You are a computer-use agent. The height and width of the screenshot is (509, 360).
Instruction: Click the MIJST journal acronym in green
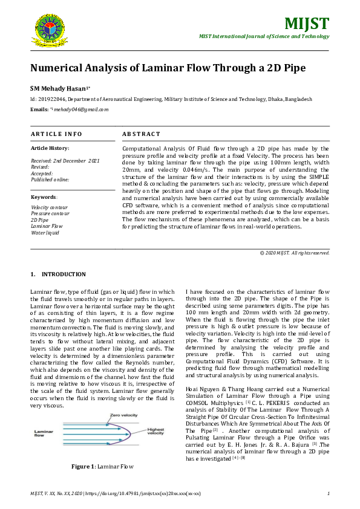pyautogui.click(x=307, y=24)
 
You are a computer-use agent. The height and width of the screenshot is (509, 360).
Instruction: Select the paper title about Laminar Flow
pyautogui.click(x=168, y=67)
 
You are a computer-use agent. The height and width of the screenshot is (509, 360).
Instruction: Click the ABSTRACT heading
pyautogui.click(x=141, y=134)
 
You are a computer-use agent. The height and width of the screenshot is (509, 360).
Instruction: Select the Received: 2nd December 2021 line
pyautogui.click(x=65, y=161)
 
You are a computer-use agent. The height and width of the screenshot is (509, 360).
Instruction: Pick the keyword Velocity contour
pyautogui.click(x=50, y=207)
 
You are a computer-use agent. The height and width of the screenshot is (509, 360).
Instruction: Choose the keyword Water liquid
pyautogui.click(x=46, y=232)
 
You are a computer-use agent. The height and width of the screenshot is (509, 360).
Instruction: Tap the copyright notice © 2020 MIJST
pyautogui.click(x=294, y=252)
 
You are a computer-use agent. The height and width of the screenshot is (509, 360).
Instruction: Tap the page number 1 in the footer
pyautogui.click(x=327, y=493)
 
